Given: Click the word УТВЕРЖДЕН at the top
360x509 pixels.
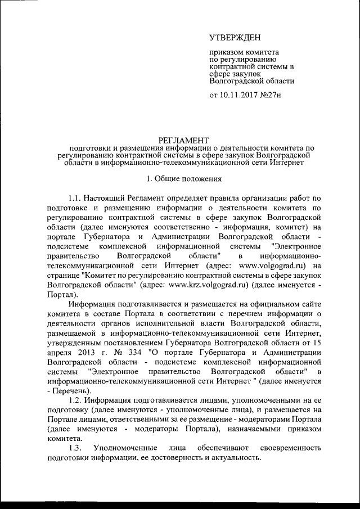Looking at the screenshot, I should pos(235,38).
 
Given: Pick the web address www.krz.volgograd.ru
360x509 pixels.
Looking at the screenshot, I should pos(209,284).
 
